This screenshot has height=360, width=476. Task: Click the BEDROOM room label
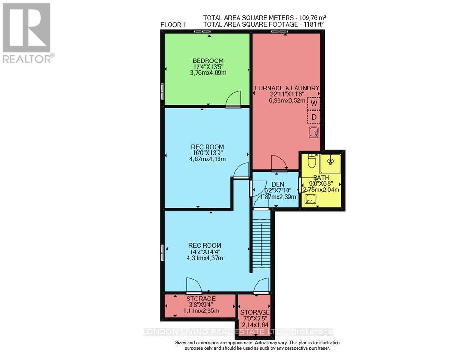[x=208, y=60]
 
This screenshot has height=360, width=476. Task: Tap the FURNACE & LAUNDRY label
[x=287, y=88]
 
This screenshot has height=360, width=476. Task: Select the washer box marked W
[x=314, y=103]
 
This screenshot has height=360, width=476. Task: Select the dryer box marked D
[x=314, y=117]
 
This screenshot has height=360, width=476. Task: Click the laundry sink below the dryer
[x=314, y=132]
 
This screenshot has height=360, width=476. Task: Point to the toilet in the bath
[x=312, y=162]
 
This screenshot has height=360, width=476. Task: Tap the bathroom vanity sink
[x=310, y=199]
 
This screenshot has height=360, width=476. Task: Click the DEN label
[x=278, y=184]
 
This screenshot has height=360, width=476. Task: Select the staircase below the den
[x=261, y=243]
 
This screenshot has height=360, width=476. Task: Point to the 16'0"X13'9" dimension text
[x=208, y=153]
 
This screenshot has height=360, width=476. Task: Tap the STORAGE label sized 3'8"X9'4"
[x=201, y=299]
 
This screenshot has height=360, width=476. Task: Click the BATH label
[x=321, y=178]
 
